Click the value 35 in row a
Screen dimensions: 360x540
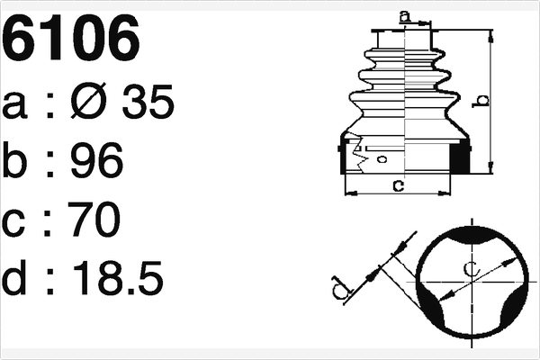point(142,105)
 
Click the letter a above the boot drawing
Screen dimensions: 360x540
point(404,15)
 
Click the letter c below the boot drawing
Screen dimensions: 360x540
point(397,185)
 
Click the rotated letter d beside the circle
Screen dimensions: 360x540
point(337,289)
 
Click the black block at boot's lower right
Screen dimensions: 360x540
point(459,157)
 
